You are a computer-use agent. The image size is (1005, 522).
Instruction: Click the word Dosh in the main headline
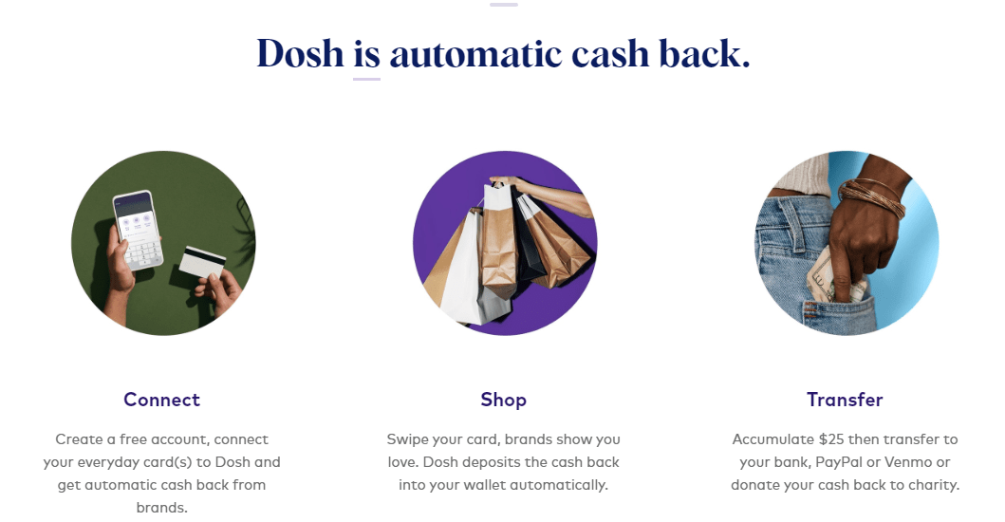pos(300,53)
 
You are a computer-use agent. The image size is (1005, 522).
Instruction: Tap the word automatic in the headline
pos(475,54)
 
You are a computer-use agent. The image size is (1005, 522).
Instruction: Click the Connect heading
pos(161,400)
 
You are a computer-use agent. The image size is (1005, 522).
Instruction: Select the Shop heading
pos(503,400)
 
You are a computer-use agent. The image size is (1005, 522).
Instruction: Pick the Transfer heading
pos(845,400)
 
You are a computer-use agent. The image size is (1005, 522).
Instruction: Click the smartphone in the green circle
pos(138,230)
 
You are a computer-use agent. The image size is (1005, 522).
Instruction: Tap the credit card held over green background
pos(202,262)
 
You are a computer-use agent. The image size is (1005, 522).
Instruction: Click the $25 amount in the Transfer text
pos(831,439)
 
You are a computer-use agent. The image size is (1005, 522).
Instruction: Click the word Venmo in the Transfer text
pos(908,462)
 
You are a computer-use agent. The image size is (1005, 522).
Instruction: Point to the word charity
pos(934,485)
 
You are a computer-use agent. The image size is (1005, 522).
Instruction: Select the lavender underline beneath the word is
pos(366,80)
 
